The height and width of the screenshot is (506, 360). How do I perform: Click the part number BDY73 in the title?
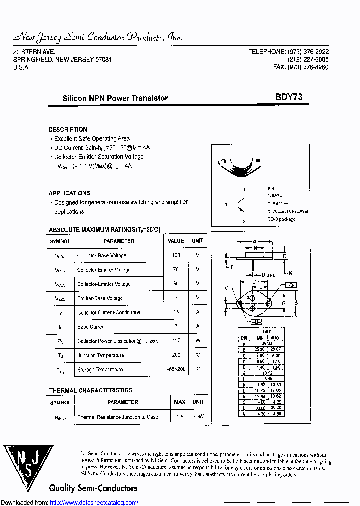[288, 98]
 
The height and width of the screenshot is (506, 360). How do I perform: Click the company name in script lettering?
[98, 37]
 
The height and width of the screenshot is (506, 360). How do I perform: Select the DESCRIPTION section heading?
[68, 129]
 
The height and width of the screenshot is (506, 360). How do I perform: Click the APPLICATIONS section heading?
[69, 193]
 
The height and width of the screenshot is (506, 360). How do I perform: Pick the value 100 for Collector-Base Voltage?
[176, 255]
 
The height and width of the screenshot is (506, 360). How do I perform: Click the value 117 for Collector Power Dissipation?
[176, 341]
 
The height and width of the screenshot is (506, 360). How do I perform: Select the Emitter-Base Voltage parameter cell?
[100, 298]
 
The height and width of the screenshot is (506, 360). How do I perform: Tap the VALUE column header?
[176, 241]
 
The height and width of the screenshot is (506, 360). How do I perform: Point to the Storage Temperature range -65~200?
[176, 369]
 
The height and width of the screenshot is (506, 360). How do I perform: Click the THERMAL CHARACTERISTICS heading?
[91, 390]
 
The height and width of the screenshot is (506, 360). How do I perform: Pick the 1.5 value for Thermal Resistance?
[179, 417]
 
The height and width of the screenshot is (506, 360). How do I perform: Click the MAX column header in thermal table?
[179, 402]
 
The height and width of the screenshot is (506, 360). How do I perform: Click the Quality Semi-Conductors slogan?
[93, 488]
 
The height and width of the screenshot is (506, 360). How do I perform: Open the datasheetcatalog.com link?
[94, 502]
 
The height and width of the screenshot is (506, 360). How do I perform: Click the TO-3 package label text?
[281, 219]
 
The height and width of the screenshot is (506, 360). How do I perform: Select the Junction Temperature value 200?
[176, 355]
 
